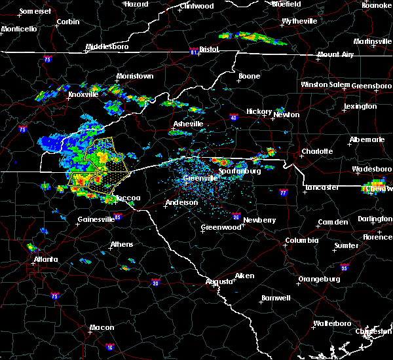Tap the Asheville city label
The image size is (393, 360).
(x=188, y=124)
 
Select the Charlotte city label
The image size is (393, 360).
(x=317, y=152)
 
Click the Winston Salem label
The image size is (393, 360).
(x=326, y=85)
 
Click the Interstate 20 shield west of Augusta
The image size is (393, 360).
(x=155, y=283)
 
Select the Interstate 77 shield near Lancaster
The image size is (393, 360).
(x=283, y=193)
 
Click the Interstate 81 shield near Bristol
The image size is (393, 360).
(x=193, y=49)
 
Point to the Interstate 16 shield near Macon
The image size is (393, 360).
(x=110, y=347)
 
